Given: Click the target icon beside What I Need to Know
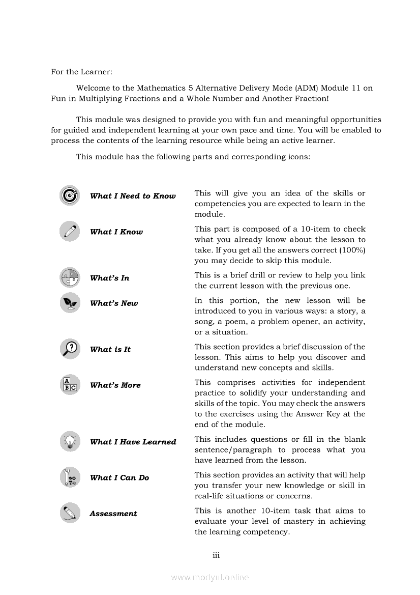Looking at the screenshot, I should [x=69, y=195].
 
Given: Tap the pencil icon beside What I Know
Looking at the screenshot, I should [x=69, y=231].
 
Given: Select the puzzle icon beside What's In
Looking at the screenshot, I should [x=69, y=277].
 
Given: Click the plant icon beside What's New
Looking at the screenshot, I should [x=69, y=303].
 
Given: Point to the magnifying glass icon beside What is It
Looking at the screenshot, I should [x=69, y=349].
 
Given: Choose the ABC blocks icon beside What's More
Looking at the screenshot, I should [x=69, y=385].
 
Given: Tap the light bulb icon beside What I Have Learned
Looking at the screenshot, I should [x=69, y=441].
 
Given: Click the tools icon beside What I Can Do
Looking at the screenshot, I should [x=69, y=477].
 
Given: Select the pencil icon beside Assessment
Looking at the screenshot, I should [x=69, y=513].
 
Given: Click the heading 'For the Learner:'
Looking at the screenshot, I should [x=81, y=72].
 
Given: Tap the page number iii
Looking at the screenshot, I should [x=216, y=555].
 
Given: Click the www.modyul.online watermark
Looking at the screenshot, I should [x=210, y=577].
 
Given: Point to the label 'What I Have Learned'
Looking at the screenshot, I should [x=133, y=442].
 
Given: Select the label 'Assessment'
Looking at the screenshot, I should [x=113, y=514].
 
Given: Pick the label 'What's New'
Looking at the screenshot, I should [x=114, y=303].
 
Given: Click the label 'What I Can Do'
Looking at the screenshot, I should [x=119, y=477].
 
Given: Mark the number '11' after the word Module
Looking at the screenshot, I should [x=356, y=88].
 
